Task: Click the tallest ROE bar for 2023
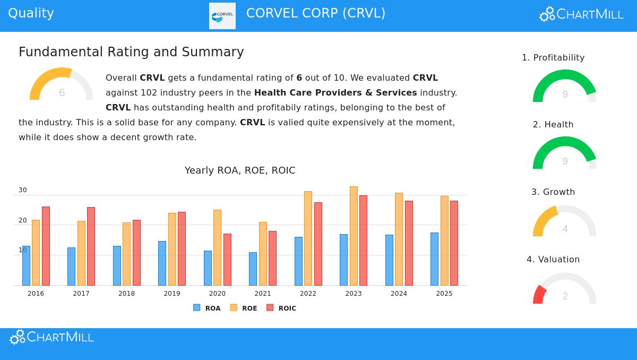coord(354,236)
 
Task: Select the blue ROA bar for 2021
coord(253,269)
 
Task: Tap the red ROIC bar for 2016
coord(46,246)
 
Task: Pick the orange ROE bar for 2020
coord(217,247)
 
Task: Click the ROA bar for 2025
coord(434,259)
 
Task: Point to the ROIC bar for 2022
coord(318,244)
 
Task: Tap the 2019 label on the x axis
coord(172,294)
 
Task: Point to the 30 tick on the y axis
coord(23,190)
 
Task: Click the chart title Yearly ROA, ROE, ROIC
coord(240,170)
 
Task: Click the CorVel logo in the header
coord(222,16)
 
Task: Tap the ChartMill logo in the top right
coord(581,14)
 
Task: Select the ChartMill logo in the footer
coord(51,337)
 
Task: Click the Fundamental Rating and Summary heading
coord(131,52)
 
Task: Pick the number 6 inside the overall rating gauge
coord(62,93)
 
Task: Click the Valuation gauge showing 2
coord(565,289)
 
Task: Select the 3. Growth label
coord(553,192)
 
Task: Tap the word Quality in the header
coord(31,13)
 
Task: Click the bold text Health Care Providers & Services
coord(335,92)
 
